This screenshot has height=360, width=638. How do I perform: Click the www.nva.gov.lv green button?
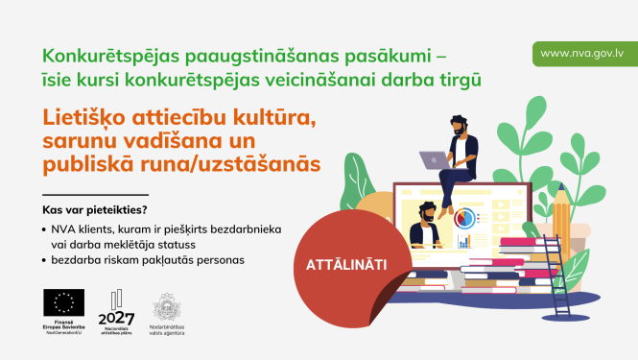click(x=585, y=53)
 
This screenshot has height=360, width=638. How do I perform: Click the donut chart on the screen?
click(x=465, y=219)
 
